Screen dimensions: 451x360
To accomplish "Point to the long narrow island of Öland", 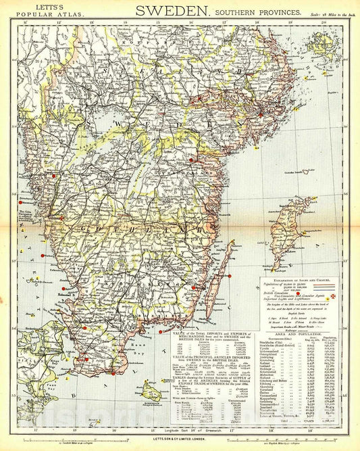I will tap(226, 270).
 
